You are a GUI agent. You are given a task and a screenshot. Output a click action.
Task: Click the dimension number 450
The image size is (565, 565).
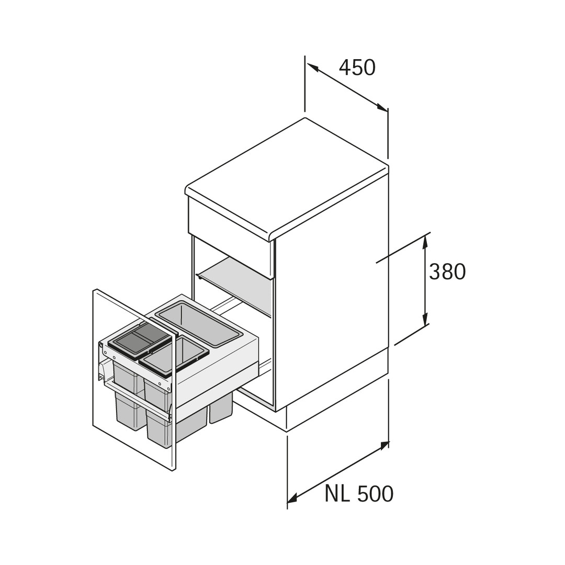point(357,67)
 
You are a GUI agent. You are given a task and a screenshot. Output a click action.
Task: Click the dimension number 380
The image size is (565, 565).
point(447,272)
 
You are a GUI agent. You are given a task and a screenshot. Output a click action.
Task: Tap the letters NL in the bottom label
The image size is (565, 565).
point(337,494)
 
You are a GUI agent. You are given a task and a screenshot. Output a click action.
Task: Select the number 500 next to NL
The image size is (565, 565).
point(376,494)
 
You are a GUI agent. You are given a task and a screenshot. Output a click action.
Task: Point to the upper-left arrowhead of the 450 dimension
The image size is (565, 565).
point(312,67)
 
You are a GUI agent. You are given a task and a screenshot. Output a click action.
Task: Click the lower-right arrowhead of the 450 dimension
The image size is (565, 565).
point(382,107)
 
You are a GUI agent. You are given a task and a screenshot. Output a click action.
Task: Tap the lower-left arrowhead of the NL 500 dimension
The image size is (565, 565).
point(292,499)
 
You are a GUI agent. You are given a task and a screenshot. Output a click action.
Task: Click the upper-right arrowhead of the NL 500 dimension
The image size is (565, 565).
point(383,446)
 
